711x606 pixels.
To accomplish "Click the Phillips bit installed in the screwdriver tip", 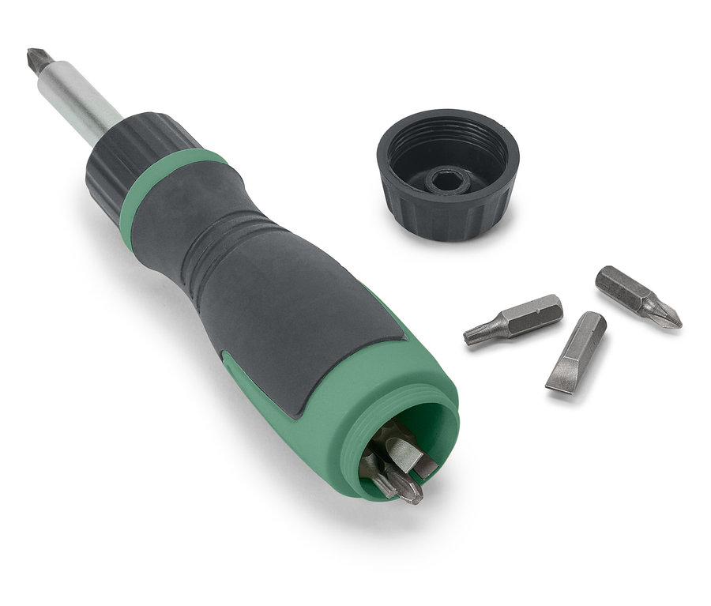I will tap(38, 60).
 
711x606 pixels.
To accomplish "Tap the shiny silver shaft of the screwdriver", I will tap(84, 100).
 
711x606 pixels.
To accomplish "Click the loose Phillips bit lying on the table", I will tap(637, 295).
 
